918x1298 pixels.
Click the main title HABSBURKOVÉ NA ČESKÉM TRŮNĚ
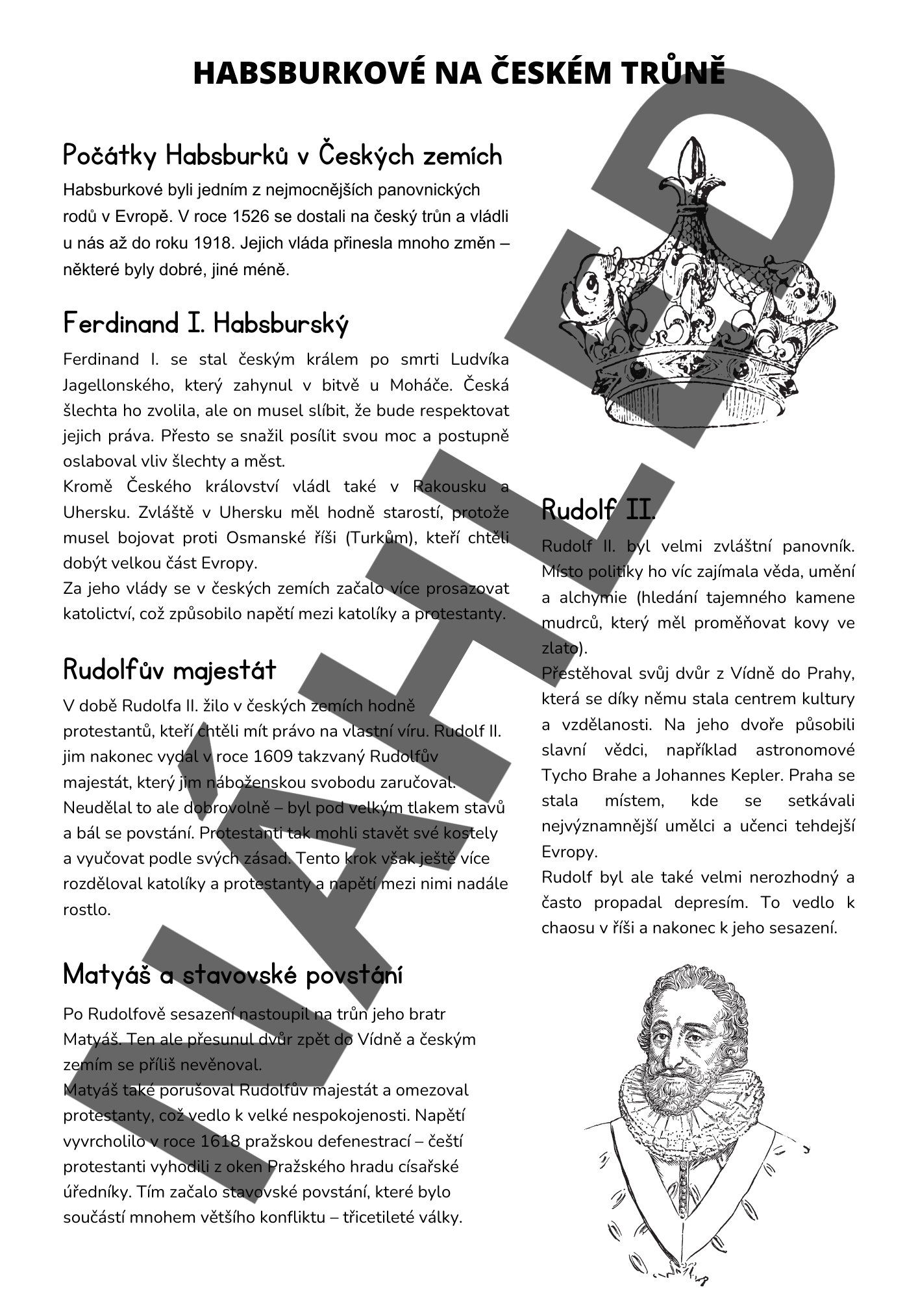tap(459, 73)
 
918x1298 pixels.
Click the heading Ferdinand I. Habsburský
tap(206, 323)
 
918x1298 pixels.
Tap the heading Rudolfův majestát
tap(169, 670)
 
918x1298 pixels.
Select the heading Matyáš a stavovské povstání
tap(233, 974)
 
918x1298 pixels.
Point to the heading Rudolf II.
tap(598, 510)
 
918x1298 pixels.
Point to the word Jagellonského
tap(117, 386)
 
